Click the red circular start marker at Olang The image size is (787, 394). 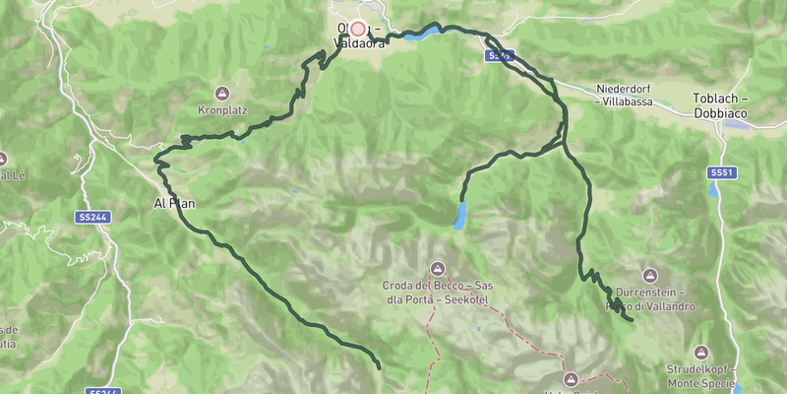coord(358,30)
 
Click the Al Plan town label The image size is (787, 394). coord(169,204)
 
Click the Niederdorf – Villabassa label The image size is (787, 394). coord(631,94)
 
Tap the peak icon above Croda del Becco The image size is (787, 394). coord(438,268)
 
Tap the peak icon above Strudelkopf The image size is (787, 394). coord(700,352)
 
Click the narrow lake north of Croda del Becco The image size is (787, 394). coord(460,216)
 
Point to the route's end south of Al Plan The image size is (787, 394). coord(379,367)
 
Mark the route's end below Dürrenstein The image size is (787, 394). coord(631,319)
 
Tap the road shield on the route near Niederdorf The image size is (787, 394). coord(500,57)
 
